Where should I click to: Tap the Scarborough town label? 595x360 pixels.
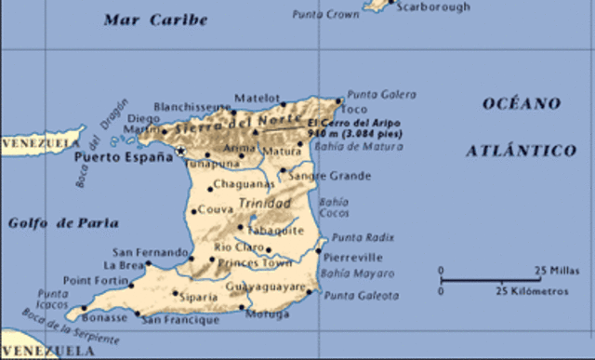coord(433,7)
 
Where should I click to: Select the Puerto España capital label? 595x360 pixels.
coord(123,157)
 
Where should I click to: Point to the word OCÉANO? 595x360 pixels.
coord(521,103)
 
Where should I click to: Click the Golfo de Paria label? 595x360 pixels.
coord(63,222)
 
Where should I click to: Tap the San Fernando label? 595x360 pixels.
coord(151,251)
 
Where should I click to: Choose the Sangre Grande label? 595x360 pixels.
coord(329,176)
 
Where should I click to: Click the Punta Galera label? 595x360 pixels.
coord(382,95)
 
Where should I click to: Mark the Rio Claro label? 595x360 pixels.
coord(234,247)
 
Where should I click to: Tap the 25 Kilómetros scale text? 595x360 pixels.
coord(531,291)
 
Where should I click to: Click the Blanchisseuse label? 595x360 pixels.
coord(191,106)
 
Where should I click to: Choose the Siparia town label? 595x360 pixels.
coord(198,297)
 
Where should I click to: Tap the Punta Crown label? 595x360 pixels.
coord(326,14)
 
